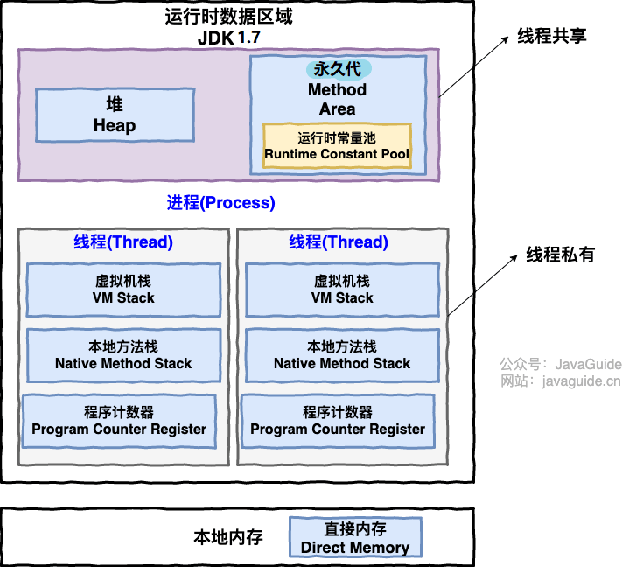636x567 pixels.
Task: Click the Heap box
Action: pyautogui.click(x=115, y=115)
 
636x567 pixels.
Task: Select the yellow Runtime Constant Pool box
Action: pyautogui.click(x=337, y=145)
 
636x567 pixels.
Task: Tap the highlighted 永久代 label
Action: pyautogui.click(x=338, y=69)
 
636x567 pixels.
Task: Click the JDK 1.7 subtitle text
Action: pyautogui.click(x=228, y=38)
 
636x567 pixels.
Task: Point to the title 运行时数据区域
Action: pyautogui.click(x=228, y=17)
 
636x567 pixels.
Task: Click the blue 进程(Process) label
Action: pyautogui.click(x=221, y=202)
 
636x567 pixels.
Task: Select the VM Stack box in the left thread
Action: pyautogui.click(x=123, y=290)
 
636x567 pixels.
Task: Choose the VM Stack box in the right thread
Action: pyautogui.click(x=342, y=290)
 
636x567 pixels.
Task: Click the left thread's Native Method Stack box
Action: pyautogui.click(x=123, y=355)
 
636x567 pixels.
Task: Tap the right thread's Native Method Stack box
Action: pyautogui.click(x=342, y=355)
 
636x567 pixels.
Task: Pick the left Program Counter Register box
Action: pyautogui.click(x=119, y=421)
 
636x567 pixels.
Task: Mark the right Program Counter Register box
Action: pyautogui.click(x=338, y=421)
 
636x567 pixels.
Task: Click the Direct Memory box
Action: pyautogui.click(x=355, y=537)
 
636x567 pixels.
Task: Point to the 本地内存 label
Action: pyautogui.click(x=228, y=537)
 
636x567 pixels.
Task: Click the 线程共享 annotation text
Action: pyautogui.click(x=552, y=36)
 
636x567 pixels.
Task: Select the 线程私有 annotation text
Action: pyautogui.click(x=560, y=255)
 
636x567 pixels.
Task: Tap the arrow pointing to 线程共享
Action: pyautogui.click(x=474, y=66)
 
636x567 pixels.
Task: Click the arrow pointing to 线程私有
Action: pyautogui.click(x=482, y=285)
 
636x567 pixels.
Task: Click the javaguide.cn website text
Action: pyautogui.click(x=581, y=381)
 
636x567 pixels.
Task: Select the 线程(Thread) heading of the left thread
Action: pyautogui.click(x=123, y=241)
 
